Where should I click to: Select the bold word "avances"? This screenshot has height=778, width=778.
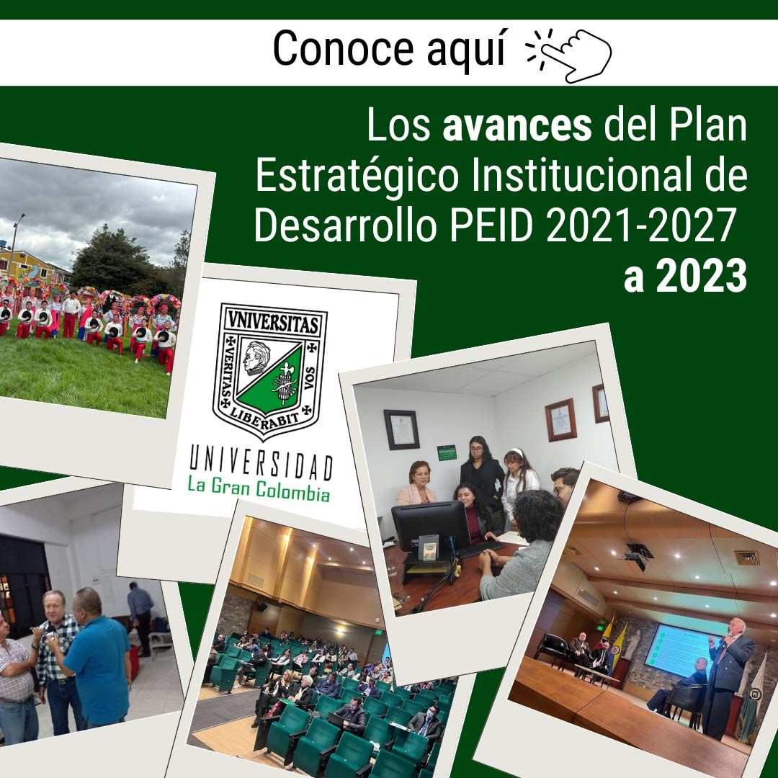click(x=517, y=125)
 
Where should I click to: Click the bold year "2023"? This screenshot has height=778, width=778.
click(x=702, y=276)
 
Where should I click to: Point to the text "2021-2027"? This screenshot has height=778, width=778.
click(x=640, y=225)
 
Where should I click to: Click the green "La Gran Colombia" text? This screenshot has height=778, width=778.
click(x=259, y=488)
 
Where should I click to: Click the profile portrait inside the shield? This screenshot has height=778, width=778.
click(x=256, y=357)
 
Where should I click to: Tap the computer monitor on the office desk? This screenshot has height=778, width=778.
click(x=429, y=527)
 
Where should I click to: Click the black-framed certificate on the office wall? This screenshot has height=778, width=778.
click(x=401, y=429)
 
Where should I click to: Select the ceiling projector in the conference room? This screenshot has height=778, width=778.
click(x=637, y=555)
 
